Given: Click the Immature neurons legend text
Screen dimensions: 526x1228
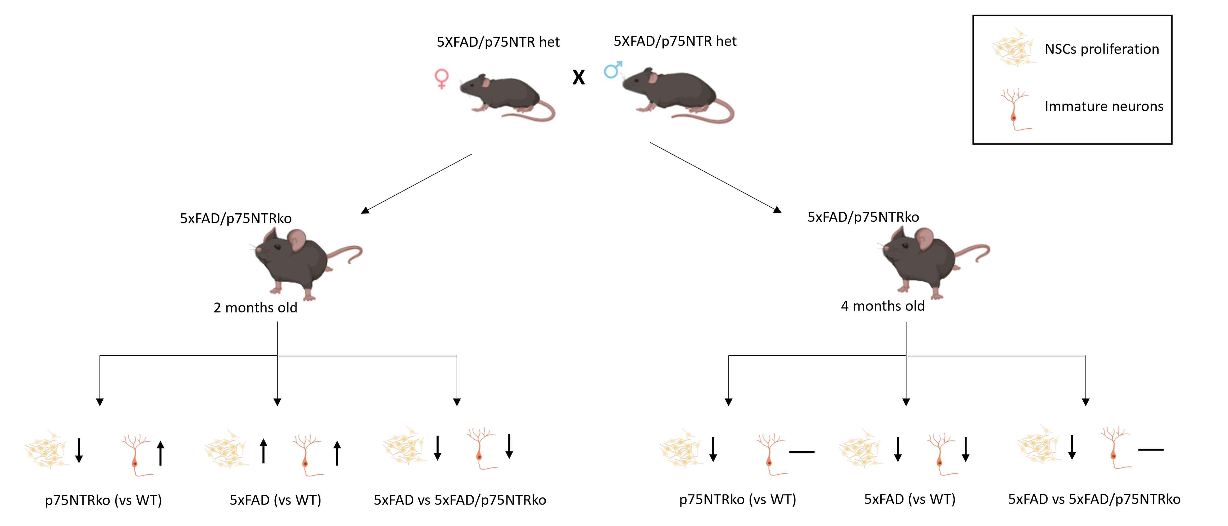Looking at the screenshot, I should [x=1104, y=106].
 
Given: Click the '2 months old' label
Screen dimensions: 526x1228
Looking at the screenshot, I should [x=255, y=308].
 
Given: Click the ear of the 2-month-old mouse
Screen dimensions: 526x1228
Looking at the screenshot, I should [x=297, y=240].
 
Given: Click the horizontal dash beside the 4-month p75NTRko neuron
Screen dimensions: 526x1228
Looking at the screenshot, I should [x=802, y=452].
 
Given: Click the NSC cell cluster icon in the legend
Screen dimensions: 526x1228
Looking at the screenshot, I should [x=1013, y=48].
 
